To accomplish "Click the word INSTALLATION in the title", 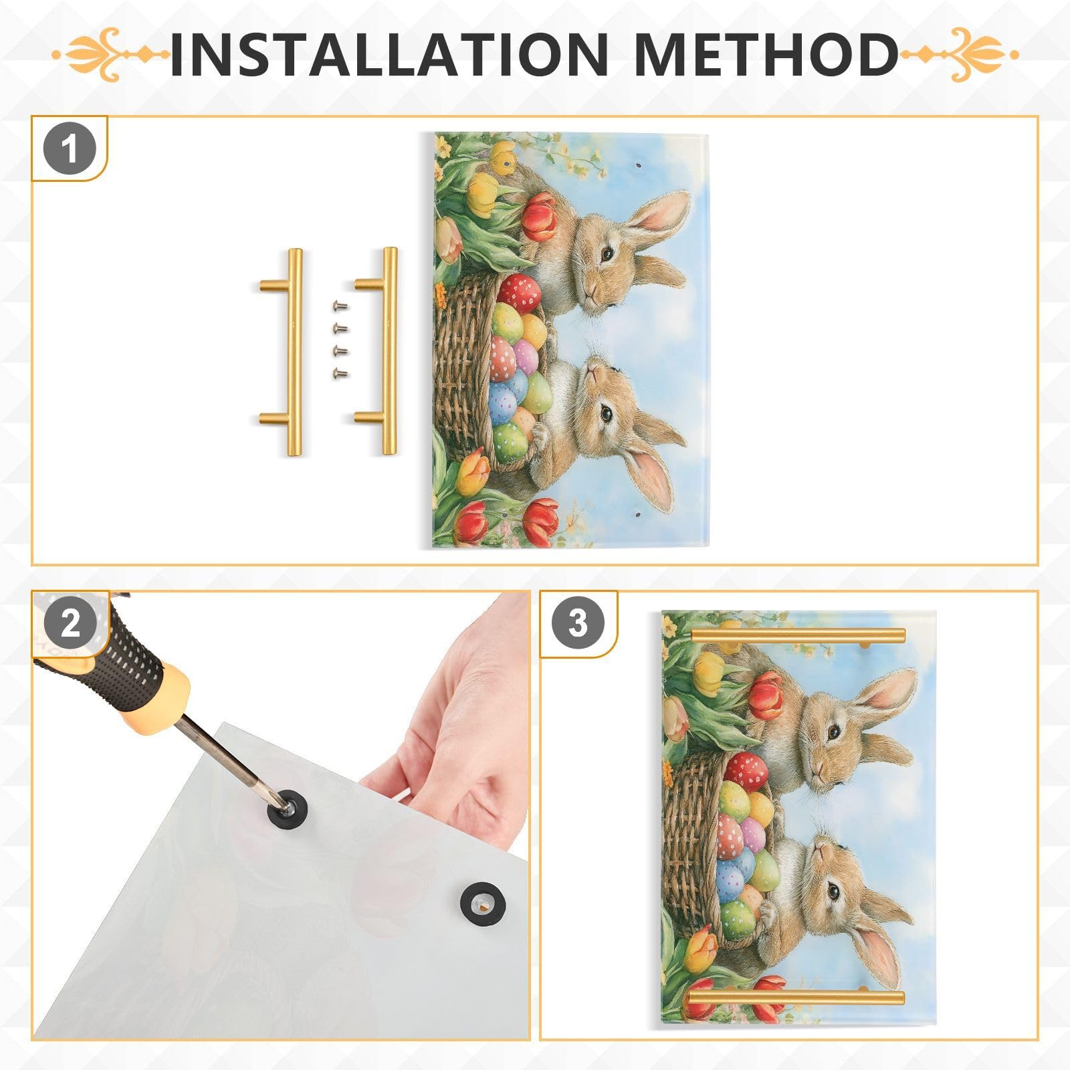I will (388, 53).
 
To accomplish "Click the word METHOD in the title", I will (766, 53).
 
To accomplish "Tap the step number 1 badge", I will (70, 149).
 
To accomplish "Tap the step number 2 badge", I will (70, 623).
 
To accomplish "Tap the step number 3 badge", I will (577, 623).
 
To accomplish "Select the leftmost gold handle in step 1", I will (292, 352).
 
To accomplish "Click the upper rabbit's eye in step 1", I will (607, 253).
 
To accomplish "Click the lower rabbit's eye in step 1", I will (606, 414).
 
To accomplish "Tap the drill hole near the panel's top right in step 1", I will (637, 165).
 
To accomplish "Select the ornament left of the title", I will (110, 53).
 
